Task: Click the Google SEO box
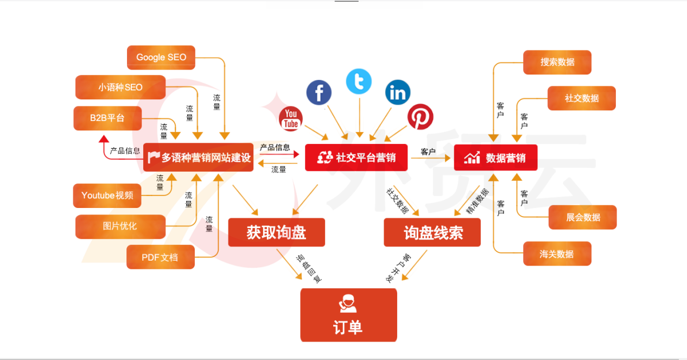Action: coord(161,57)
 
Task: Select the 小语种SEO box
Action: coord(120,87)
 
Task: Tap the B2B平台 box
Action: coord(107,118)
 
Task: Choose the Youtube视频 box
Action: coord(107,195)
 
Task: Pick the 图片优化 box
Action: coord(120,226)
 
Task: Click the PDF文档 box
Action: coord(160,257)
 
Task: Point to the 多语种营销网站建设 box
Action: coord(198,157)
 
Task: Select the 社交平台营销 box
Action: coord(356,157)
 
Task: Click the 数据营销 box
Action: coord(495,157)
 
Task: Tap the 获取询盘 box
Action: coord(276,233)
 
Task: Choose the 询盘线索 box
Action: coord(432,233)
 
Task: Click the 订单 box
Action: coord(348,315)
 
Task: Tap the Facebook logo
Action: coord(319,92)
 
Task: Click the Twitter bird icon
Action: coord(359,81)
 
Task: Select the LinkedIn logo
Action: coord(398,93)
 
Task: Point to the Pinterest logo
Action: coord(421,117)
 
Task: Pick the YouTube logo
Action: coord(291,119)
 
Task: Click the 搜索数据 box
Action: coord(557,62)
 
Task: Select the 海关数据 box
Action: coord(557,254)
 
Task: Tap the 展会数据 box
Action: coord(583,217)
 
